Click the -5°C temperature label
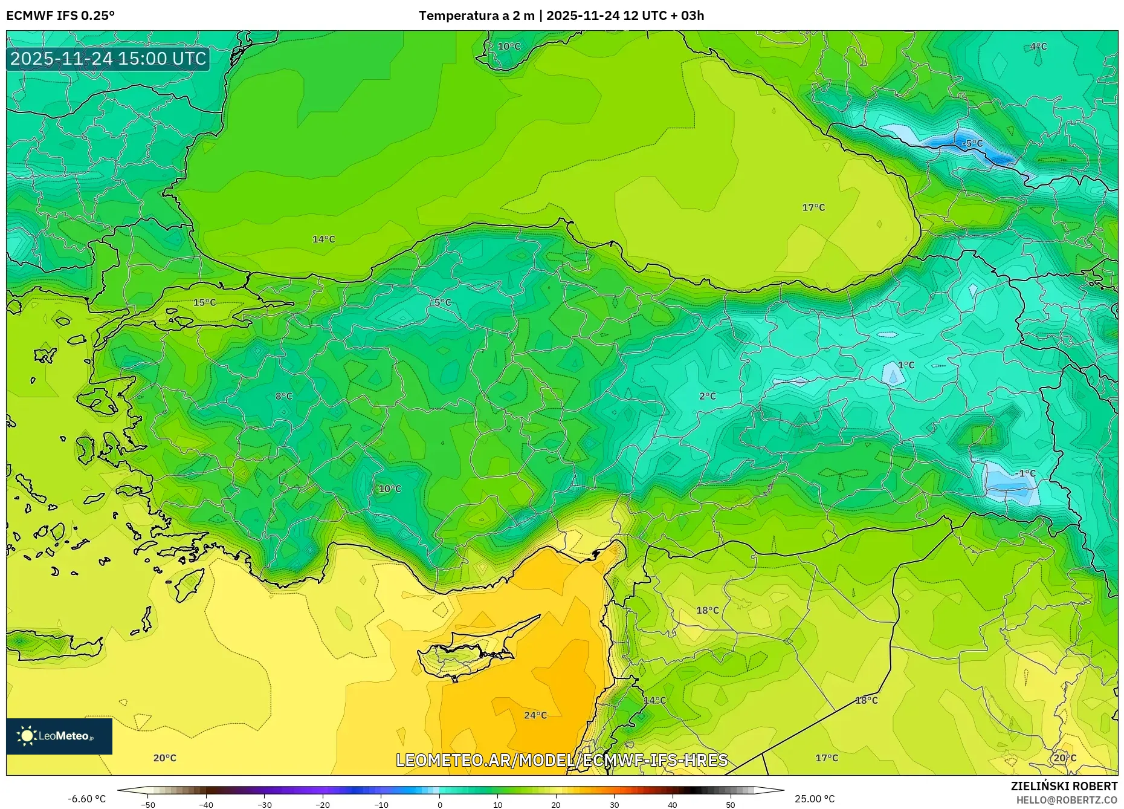click(972, 143)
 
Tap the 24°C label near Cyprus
click(535, 715)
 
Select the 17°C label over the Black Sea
click(813, 207)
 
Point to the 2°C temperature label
click(708, 396)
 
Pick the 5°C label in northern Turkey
click(443, 302)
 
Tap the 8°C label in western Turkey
click(284, 396)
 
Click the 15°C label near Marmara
click(204, 302)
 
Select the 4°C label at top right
click(1038, 47)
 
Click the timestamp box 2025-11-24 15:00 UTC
click(108, 59)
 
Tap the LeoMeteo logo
click(59, 736)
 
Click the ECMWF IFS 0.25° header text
click(60, 15)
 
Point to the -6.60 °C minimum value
click(86, 799)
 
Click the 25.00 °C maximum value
click(815, 799)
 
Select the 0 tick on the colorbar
click(440, 804)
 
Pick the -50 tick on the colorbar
click(148, 804)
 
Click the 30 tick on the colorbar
click(614, 804)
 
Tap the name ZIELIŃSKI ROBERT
click(1064, 786)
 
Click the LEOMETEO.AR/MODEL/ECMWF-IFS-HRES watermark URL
click(561, 760)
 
